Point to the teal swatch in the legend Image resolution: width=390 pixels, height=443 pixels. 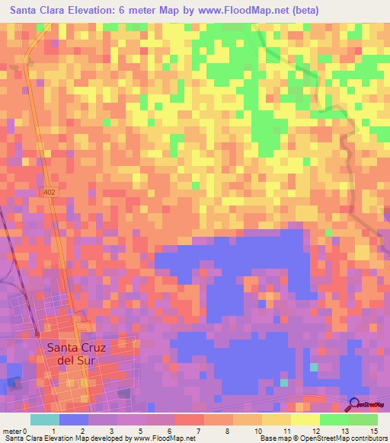pos(45,419)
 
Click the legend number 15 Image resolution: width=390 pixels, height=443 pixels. pos(373,431)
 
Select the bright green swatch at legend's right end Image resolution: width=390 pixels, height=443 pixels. pos(363,419)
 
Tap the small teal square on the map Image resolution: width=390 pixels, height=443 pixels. pos(313,368)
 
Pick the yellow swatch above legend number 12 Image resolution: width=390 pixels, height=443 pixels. pos(305,419)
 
